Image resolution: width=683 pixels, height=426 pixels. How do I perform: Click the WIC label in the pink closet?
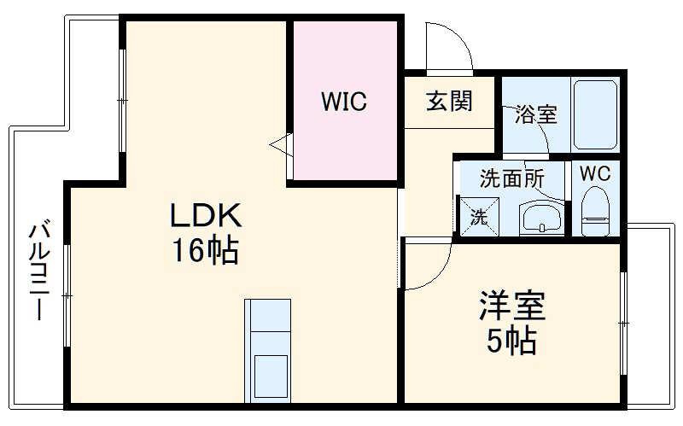click(x=344, y=102)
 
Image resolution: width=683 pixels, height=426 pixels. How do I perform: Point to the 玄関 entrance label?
click(x=449, y=101)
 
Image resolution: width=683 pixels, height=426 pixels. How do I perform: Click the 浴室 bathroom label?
click(x=536, y=114)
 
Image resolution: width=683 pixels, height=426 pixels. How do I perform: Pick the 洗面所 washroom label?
click(x=511, y=178)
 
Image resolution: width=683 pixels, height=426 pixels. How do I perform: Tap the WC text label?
click(x=595, y=172)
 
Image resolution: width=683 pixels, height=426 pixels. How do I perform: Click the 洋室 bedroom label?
click(x=512, y=305)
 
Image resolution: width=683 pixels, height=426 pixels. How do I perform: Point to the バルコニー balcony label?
click(x=39, y=270)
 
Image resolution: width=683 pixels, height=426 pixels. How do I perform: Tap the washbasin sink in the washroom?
click(x=540, y=219)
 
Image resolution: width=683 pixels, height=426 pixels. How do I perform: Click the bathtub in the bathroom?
click(x=594, y=115)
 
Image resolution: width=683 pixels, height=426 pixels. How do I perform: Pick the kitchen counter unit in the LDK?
click(x=268, y=350)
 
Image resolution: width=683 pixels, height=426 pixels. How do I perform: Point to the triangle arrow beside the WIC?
click(x=281, y=146)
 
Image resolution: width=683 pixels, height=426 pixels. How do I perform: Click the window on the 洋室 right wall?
click(x=624, y=324)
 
